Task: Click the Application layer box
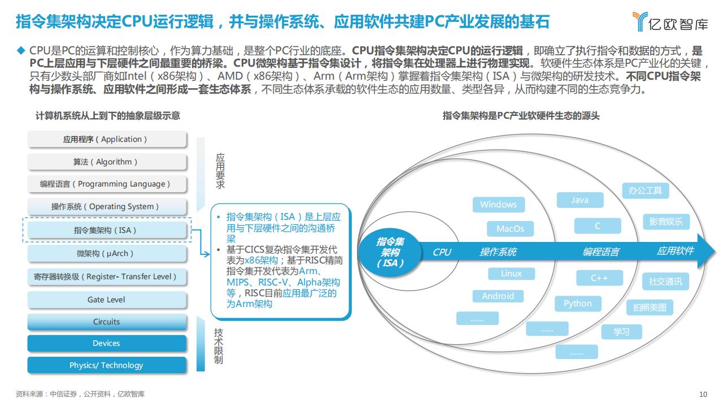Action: (107, 139)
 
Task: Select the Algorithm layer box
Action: (107, 162)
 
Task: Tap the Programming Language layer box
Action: (107, 184)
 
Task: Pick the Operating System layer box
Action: (107, 206)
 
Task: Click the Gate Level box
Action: (107, 300)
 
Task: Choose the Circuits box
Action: (107, 322)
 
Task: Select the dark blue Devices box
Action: (107, 343)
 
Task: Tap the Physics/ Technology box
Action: (107, 365)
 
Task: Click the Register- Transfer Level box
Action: (107, 276)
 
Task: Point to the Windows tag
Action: (498, 205)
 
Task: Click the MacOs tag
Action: (510, 229)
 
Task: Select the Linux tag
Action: (511, 274)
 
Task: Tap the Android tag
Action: (498, 296)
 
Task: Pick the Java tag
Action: (580, 200)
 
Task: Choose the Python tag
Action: (578, 304)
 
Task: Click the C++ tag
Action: (599, 278)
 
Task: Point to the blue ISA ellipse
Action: (390, 252)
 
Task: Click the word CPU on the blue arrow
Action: (442, 252)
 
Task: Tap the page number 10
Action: (703, 394)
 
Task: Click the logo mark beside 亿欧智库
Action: (640, 21)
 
